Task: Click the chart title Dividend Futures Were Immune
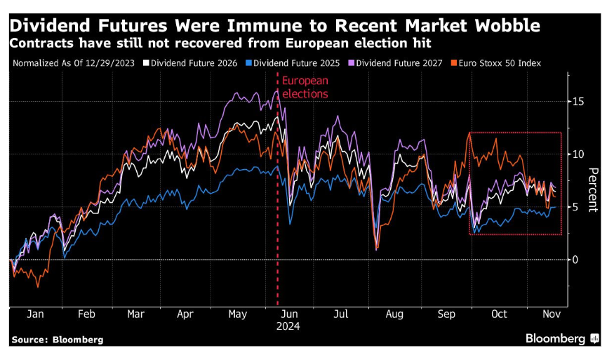coord(274,26)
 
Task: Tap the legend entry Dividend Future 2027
coord(399,63)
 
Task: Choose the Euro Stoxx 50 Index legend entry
coord(502,63)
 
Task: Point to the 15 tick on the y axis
coord(576,102)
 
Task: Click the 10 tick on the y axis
coord(576,154)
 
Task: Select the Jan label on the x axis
coord(34,314)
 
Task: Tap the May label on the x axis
coord(236,314)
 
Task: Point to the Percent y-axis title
coord(593,189)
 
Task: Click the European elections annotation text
coord(305,87)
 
